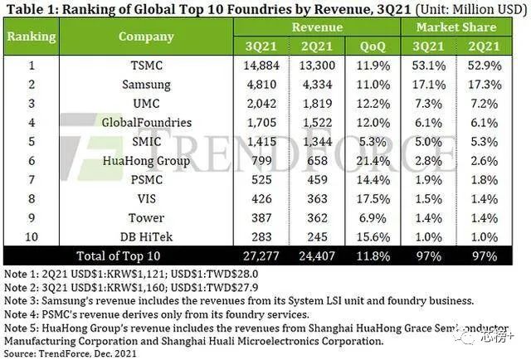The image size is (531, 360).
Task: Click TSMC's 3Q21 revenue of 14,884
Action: [261, 66]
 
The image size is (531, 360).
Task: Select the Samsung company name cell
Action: [146, 85]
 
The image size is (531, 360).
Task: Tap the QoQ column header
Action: [373, 46]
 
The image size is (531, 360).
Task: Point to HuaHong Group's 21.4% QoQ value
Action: [373, 161]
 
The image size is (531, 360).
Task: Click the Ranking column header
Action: [32, 36]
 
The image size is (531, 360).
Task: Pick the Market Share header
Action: [456, 27]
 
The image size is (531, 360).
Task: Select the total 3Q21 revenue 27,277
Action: [261, 256]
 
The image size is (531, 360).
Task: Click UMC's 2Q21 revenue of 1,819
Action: [317, 104]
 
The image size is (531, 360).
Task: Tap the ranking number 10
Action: [32, 236]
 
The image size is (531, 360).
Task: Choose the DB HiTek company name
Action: [146, 236]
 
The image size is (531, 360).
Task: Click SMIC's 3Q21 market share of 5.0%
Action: [428, 142]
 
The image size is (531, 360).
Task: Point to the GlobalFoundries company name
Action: [147, 122]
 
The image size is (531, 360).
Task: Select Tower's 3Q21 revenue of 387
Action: [261, 218]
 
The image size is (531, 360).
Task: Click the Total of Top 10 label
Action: [118, 256]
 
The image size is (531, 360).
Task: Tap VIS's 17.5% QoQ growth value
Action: [373, 199]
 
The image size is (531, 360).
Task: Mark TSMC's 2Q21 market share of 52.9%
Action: [485, 66]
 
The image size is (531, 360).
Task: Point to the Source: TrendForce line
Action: [71, 354]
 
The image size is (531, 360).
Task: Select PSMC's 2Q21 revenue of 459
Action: [317, 179]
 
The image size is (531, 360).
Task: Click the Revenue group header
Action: [317, 27]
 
